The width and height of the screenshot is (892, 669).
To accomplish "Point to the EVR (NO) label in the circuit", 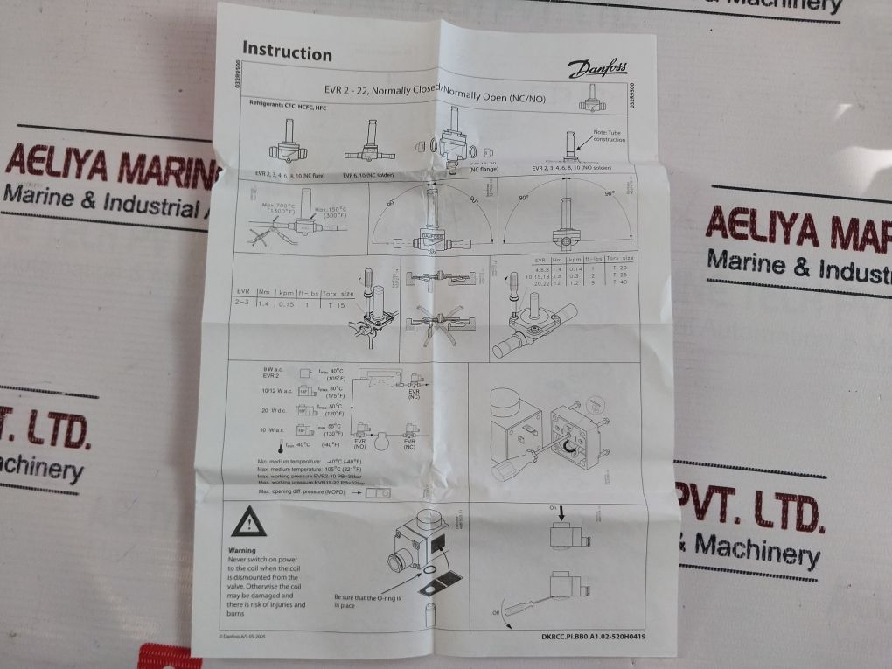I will coord(359,443).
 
